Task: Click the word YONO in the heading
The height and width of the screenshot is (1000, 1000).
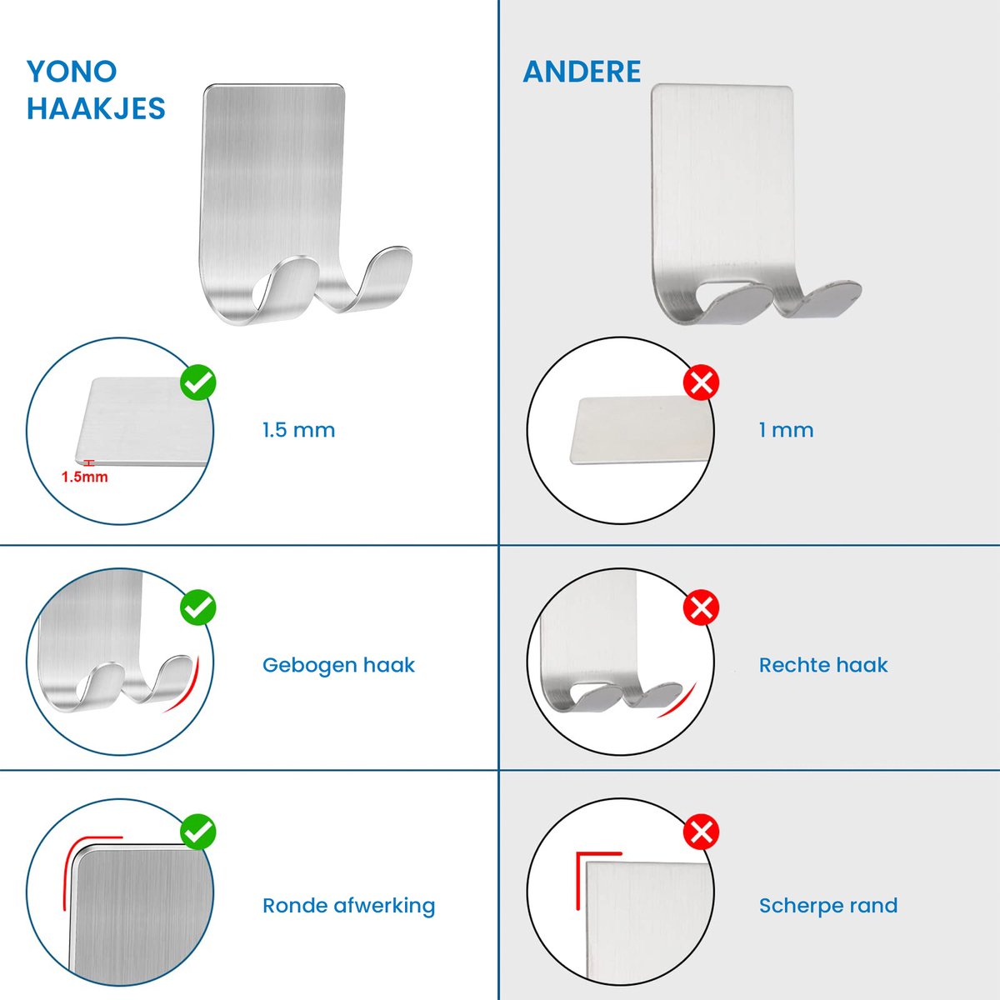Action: (72, 71)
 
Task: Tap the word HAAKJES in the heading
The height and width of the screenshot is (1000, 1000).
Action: (96, 108)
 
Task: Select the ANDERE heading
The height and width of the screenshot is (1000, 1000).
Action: (582, 71)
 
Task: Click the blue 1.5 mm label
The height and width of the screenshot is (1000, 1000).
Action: (298, 430)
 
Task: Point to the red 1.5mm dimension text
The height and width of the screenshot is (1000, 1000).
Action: (85, 477)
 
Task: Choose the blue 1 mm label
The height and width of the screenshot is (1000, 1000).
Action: (786, 430)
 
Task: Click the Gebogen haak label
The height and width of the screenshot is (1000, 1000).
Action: (338, 665)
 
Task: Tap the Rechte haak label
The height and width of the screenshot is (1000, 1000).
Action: (823, 665)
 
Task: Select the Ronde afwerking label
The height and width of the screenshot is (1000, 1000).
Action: (348, 906)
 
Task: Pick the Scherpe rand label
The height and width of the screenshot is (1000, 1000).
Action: (828, 906)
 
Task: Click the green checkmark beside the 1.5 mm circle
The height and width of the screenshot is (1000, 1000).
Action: (198, 382)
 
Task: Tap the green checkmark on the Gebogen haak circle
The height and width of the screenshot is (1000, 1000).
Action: (198, 607)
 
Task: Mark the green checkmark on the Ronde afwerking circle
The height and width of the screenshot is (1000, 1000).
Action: (198, 832)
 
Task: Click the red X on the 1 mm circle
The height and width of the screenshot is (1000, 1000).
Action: (701, 382)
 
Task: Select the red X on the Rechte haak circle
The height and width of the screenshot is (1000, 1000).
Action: (701, 607)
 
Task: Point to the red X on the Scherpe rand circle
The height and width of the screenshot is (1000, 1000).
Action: (701, 832)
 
